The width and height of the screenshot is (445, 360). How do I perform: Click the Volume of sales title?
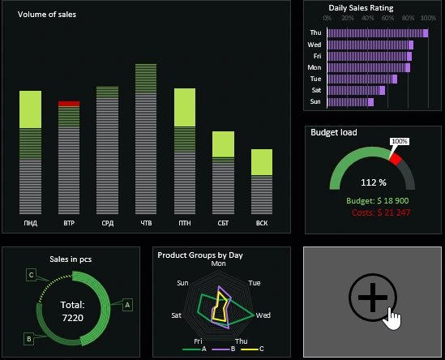click(x=46, y=15)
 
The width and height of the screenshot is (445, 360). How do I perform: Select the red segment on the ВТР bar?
click(x=69, y=104)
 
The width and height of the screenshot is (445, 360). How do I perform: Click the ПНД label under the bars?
click(x=30, y=222)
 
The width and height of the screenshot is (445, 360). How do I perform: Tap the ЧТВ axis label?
click(x=146, y=222)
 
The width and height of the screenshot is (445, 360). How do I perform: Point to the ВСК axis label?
click(x=261, y=222)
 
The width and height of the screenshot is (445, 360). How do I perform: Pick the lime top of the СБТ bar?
click(x=223, y=144)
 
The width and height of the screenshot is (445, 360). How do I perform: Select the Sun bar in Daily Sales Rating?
click(x=349, y=102)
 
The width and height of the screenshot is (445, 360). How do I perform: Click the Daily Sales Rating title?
click(x=361, y=7)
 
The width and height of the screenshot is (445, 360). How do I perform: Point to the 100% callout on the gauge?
click(x=400, y=141)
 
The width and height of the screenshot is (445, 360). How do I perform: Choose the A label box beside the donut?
click(x=126, y=305)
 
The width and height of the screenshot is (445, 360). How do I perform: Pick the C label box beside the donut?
click(x=31, y=275)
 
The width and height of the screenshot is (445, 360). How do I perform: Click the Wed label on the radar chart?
click(x=263, y=315)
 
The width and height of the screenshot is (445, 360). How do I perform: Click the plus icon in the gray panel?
click(x=372, y=298)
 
